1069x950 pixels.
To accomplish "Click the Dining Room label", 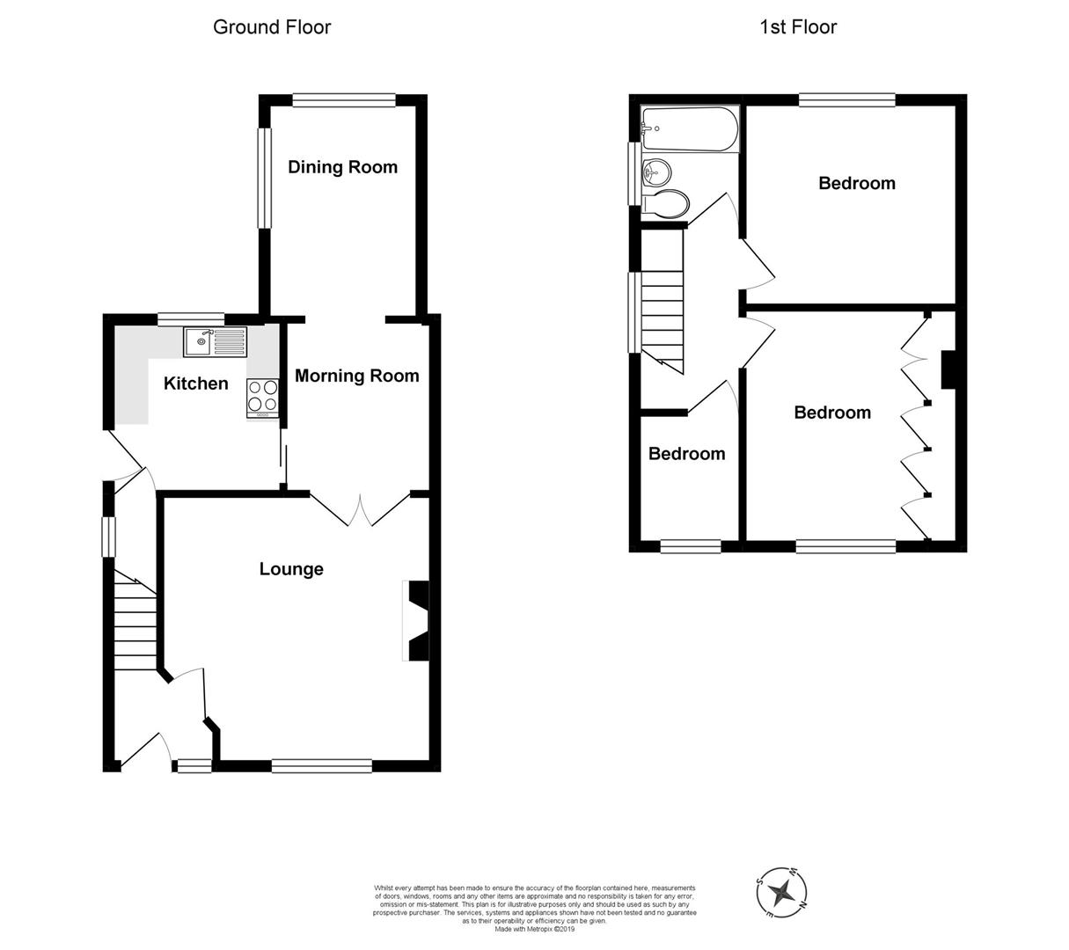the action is tap(342, 167).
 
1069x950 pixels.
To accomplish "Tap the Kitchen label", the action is tap(196, 384).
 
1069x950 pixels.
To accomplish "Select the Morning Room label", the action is tap(356, 376).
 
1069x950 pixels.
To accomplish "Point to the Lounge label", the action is tap(291, 569).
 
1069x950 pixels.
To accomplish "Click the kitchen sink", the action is tap(216, 341).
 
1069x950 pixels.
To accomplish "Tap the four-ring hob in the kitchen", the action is tap(263, 396).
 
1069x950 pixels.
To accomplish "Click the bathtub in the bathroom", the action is tap(689, 129).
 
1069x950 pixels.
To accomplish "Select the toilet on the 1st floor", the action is tap(666, 204).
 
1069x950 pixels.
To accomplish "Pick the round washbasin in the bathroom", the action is tap(655, 172).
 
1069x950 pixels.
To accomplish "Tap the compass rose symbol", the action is tap(780, 893).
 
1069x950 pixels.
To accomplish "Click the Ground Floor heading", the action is tap(272, 27).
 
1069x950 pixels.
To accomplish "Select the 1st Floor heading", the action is tap(798, 27).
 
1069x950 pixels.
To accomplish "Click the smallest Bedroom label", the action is tap(686, 454).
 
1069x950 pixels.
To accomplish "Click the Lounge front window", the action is tap(322, 766).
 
